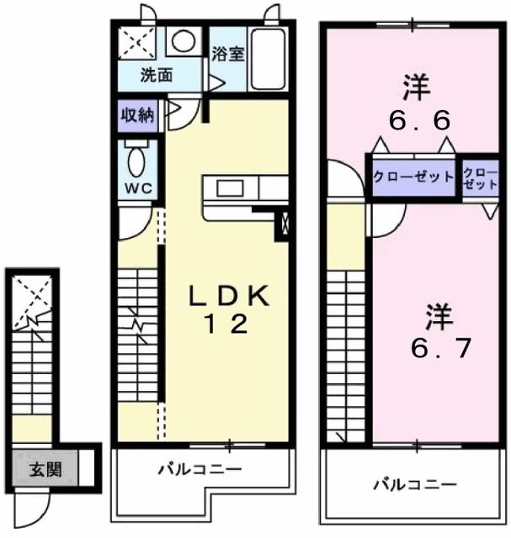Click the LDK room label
227,296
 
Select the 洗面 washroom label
157,75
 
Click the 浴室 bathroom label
227,55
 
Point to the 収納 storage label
136,115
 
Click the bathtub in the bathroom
269,59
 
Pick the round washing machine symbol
182,40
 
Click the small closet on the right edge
480,177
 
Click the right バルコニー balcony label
415,485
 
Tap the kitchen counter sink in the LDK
231,187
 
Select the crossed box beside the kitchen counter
282,224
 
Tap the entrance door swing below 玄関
35,504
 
